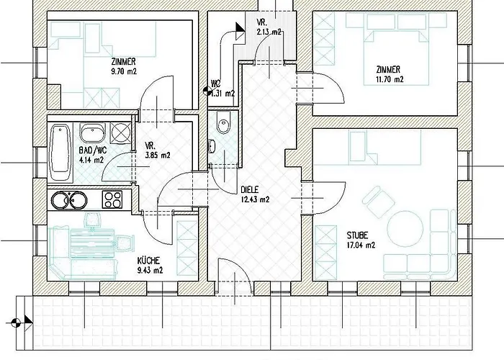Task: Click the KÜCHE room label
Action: (148, 261)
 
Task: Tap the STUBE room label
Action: (357, 235)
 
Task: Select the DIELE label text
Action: (249, 190)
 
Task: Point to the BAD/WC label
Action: (93, 150)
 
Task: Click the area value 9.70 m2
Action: (124, 71)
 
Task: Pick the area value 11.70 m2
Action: (390, 79)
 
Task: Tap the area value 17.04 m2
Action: (361, 246)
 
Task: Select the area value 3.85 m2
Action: (158, 156)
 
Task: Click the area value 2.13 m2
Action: (269, 32)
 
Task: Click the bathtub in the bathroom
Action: (60, 153)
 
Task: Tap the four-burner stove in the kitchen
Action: (112, 199)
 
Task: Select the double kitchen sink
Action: (69, 200)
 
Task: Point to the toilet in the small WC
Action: (223, 122)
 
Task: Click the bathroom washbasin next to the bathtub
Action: (93, 132)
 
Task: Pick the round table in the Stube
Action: (405, 228)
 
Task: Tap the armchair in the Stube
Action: (378, 201)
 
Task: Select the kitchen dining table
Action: (92, 243)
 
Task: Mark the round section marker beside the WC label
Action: (207, 91)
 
